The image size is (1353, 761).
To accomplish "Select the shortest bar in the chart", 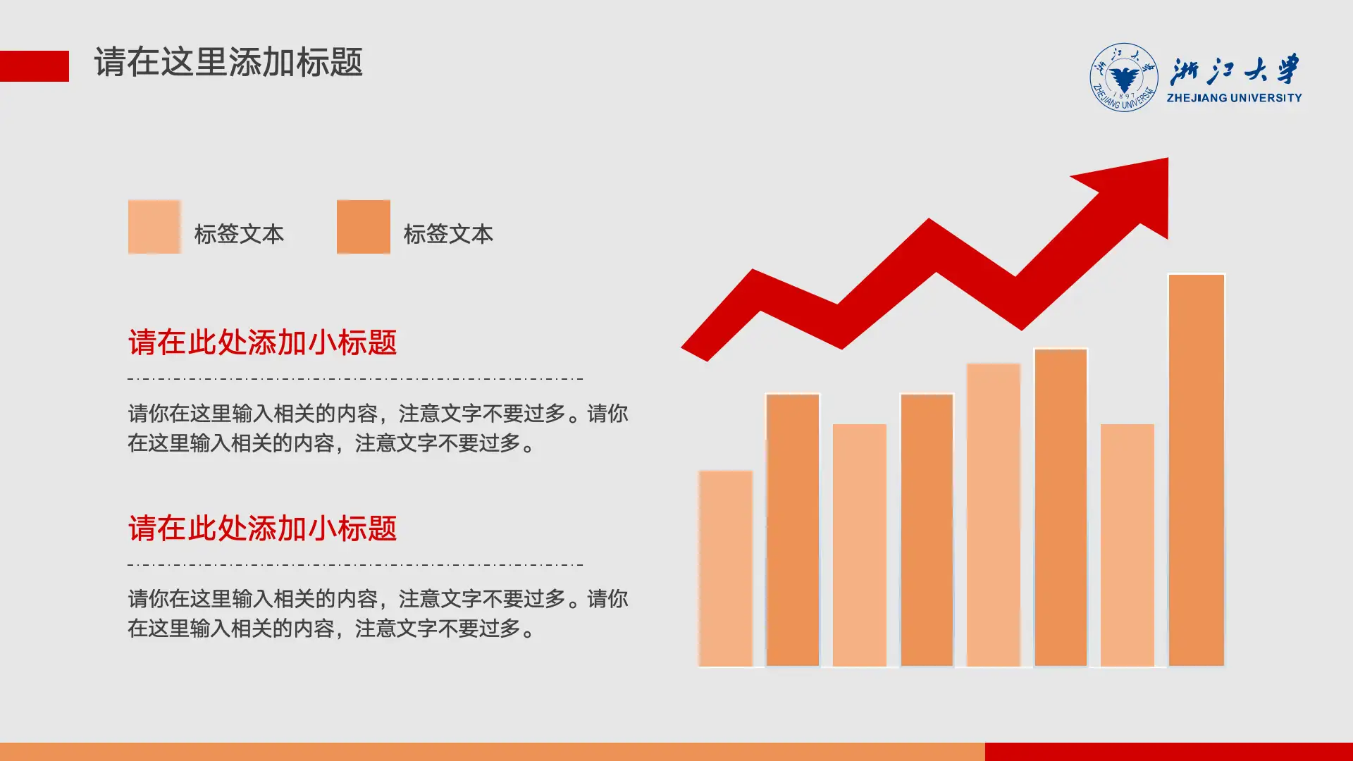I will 725,568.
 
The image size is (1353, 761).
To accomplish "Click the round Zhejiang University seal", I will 1123,78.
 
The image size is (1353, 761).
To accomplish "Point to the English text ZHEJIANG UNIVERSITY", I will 1234,98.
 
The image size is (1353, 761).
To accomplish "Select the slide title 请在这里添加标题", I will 228,62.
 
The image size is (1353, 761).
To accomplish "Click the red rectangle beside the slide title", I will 34,66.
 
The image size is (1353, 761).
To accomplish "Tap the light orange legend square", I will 154,227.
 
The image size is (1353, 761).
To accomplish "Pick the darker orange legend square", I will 364,227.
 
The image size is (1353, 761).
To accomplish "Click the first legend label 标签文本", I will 239,234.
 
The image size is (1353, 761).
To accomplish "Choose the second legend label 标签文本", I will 448,234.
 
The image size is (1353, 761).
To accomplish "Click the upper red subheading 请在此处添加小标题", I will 262,342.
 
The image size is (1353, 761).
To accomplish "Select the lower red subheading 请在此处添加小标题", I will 262,528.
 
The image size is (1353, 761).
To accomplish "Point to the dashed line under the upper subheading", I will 355,378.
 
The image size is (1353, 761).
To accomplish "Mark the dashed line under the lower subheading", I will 355,564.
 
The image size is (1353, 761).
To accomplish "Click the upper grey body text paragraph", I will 378,428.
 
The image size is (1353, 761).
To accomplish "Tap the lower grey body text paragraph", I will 378,614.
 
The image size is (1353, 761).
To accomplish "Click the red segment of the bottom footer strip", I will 1168,751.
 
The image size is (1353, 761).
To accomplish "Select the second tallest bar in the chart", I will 1061,507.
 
